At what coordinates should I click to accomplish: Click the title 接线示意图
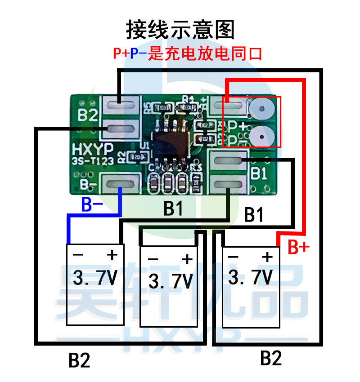[180, 30]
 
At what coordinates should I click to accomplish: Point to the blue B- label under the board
[93, 204]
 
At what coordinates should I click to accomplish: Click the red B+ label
[298, 246]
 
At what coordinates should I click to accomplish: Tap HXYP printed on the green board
[92, 149]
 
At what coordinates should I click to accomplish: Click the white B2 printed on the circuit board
[88, 115]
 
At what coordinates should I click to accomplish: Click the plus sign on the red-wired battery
[267, 257]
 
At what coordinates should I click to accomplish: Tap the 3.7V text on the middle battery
[170, 280]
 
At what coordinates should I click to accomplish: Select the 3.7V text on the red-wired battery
[251, 276]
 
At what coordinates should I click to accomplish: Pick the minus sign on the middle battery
[153, 260]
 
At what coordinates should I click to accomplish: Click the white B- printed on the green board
[87, 184]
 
